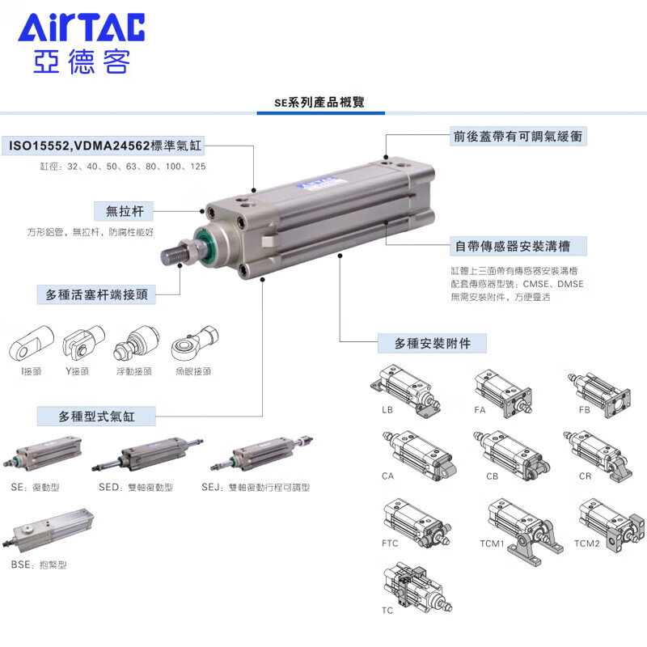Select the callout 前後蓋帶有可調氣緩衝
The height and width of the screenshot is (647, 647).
coord(518,137)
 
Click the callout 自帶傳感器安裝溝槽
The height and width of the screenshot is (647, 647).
coord(518,246)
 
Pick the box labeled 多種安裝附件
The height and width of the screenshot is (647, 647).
coord(432,343)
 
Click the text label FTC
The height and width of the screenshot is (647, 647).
coord(390,543)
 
